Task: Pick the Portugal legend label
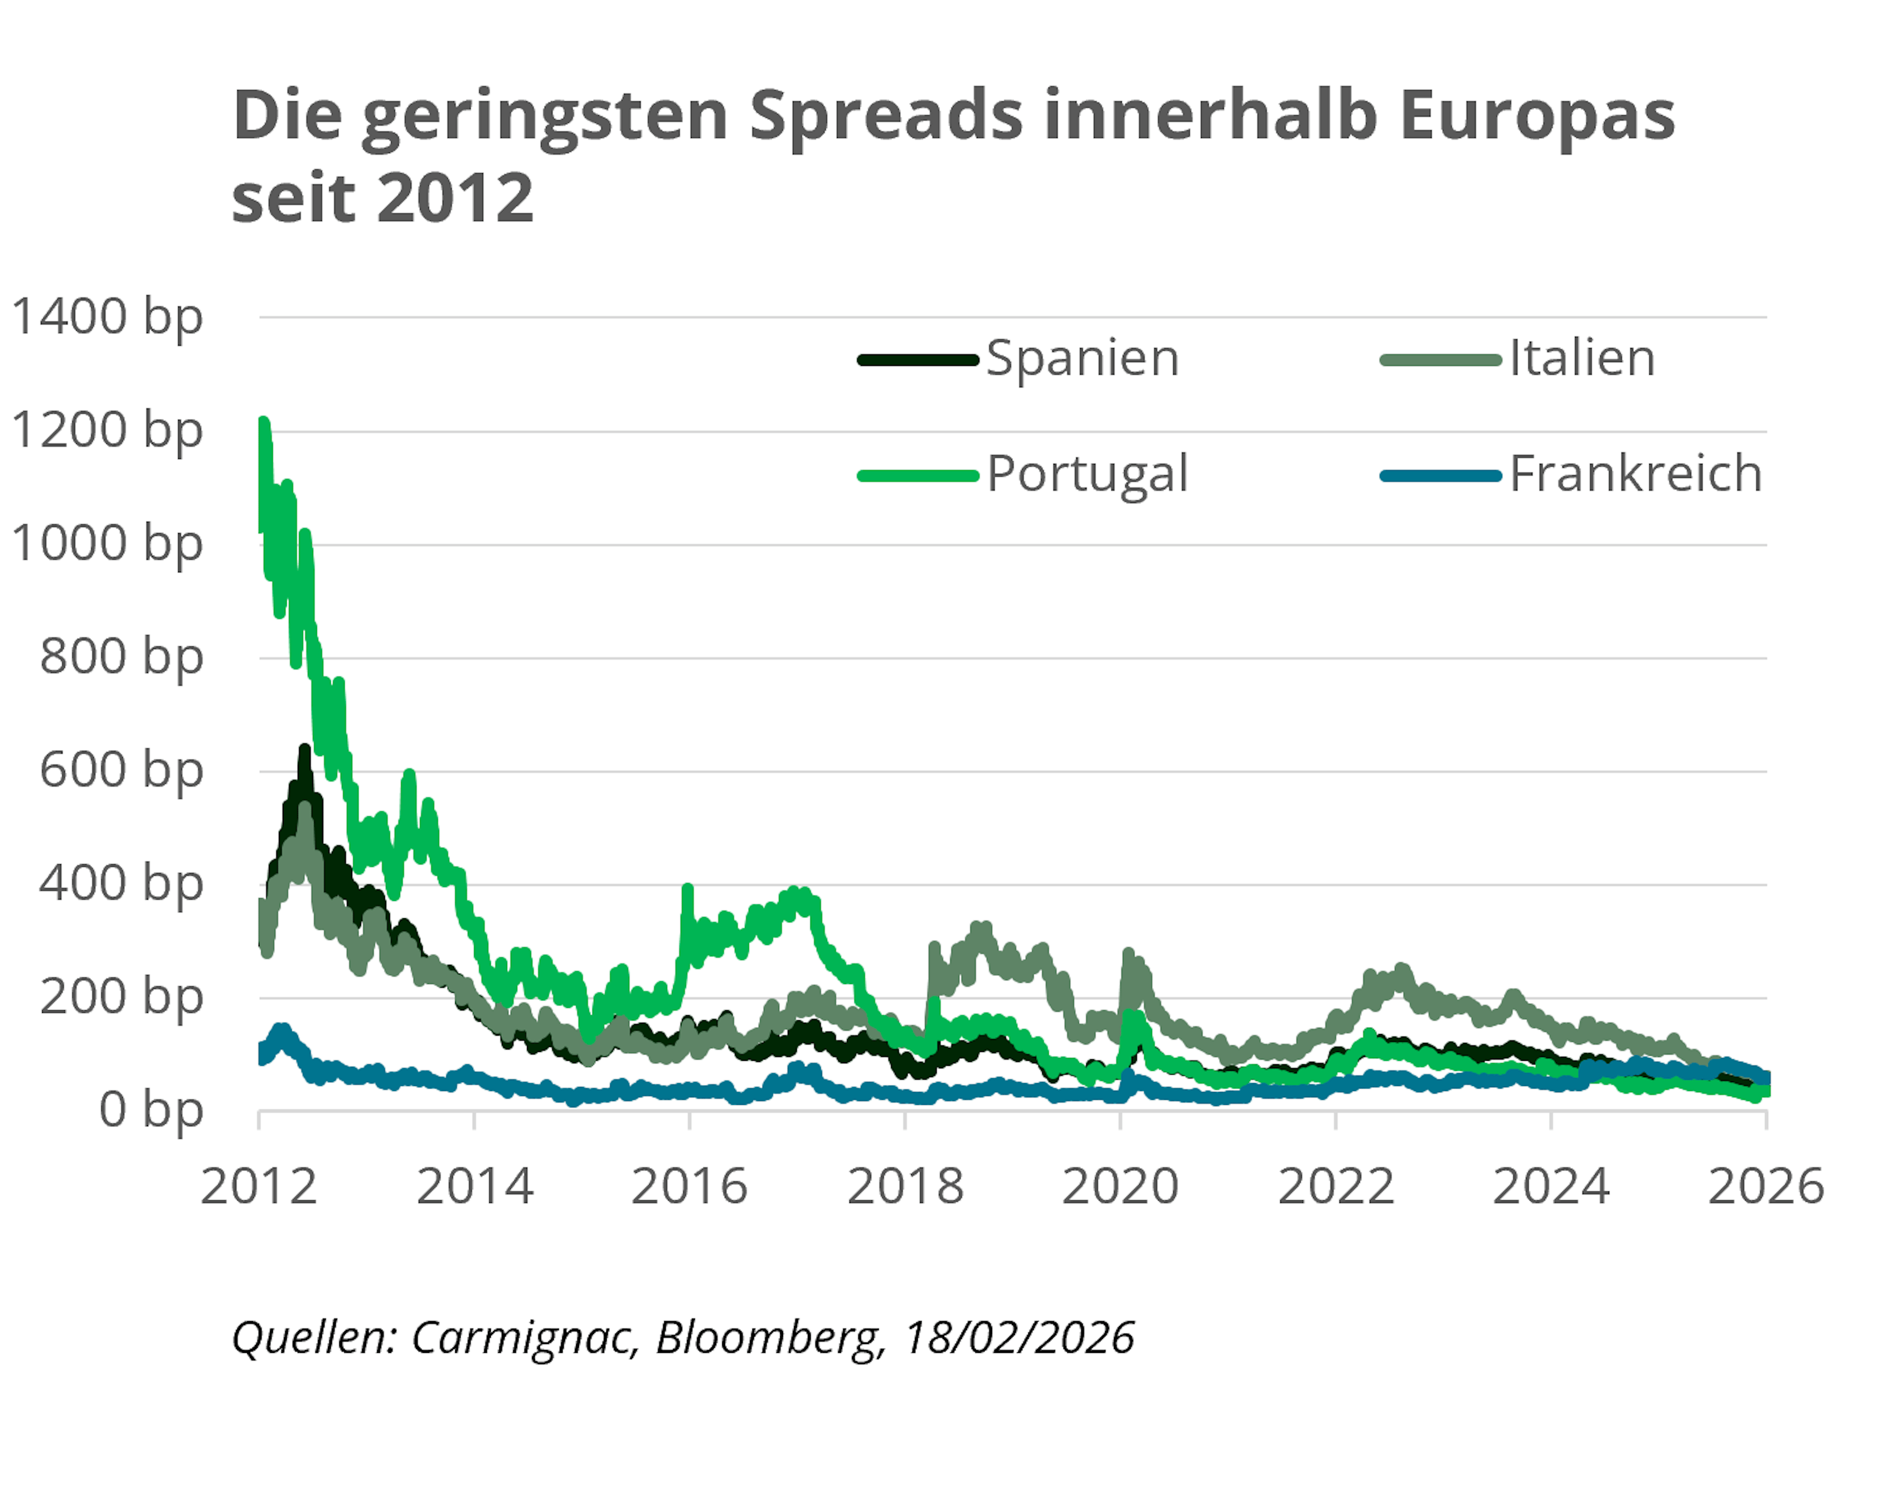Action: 1087,475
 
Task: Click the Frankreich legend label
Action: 1635,475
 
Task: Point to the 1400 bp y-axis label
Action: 107,317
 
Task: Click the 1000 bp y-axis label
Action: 107,545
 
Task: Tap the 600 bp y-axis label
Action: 121,771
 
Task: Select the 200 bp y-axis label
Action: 121,997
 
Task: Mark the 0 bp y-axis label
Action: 151,1111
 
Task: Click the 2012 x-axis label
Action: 259,1187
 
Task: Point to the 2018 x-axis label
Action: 905,1187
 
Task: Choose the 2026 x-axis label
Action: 1766,1187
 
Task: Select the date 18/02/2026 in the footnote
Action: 1019,1338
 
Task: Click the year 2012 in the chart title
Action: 456,198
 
